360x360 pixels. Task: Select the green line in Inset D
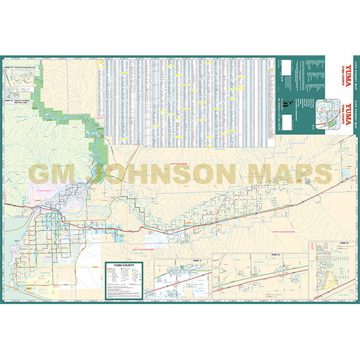[268, 286]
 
